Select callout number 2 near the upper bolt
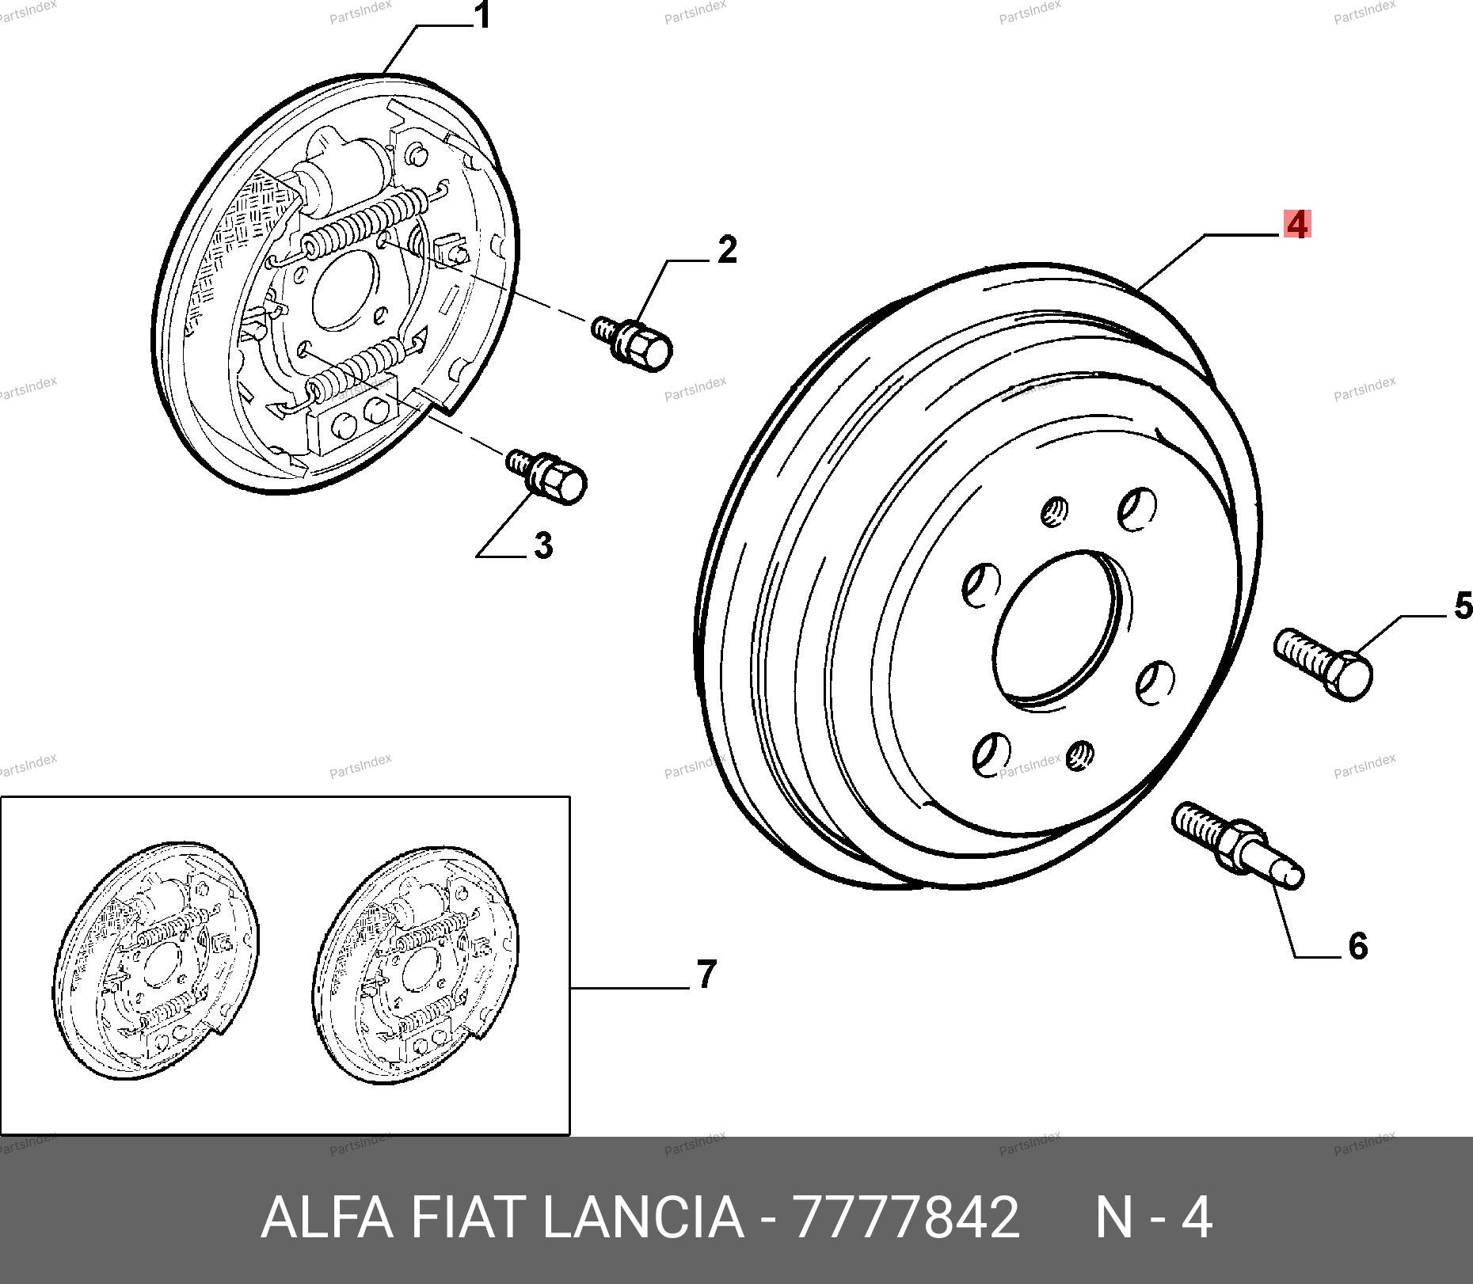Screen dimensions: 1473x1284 click(x=727, y=250)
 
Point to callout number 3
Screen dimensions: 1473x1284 click(x=542, y=545)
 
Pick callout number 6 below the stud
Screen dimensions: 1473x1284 click(x=1357, y=946)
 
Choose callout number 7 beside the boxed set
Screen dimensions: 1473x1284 click(x=706, y=974)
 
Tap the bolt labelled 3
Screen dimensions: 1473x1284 click(x=546, y=475)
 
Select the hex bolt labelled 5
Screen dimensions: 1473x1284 click(x=1323, y=664)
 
